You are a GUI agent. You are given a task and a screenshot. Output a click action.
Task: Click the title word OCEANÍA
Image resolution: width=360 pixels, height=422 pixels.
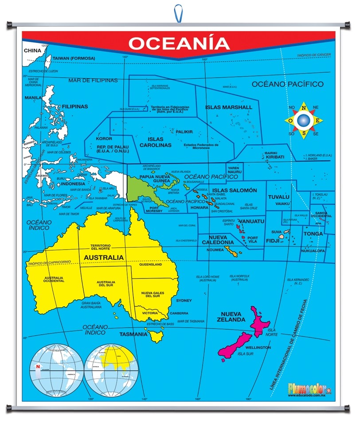(179, 43)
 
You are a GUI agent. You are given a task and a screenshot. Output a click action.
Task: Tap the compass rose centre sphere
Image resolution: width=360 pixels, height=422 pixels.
(303, 120)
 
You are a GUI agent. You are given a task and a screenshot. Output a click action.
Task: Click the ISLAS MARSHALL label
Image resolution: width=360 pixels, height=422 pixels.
(228, 107)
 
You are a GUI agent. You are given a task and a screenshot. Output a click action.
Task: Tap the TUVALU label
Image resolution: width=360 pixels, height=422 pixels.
(278, 197)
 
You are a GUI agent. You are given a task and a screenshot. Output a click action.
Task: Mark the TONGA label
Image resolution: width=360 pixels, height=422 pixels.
(313, 234)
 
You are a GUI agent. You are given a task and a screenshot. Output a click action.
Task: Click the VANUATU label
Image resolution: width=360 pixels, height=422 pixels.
(251, 221)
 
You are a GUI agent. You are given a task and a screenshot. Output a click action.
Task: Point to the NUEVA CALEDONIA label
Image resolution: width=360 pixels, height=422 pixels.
(218, 240)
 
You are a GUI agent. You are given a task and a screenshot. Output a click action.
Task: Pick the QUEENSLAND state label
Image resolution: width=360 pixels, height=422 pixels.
(150, 265)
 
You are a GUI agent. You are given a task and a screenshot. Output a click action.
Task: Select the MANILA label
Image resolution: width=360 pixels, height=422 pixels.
(33, 98)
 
